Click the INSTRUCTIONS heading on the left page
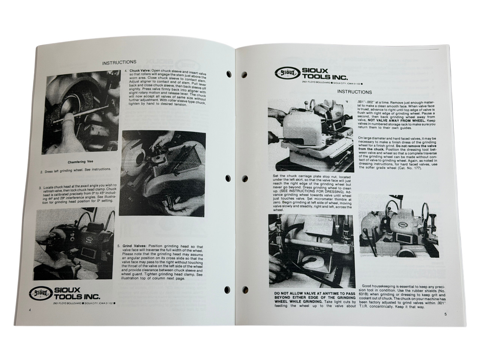click(119, 62)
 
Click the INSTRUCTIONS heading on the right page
click(354, 92)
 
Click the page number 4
click(29, 310)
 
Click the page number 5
click(445, 314)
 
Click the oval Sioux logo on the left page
click(40, 291)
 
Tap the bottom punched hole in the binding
click(228, 289)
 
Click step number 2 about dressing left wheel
click(41, 172)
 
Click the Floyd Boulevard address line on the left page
click(84, 303)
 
